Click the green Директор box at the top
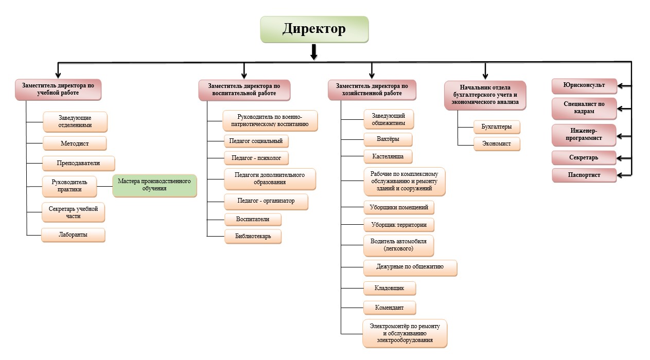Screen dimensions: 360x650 (314, 29)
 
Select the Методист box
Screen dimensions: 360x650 (75, 142)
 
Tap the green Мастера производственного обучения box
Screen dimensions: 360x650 (155, 185)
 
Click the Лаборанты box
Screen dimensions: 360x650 (73, 235)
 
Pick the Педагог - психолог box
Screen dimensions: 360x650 (256, 157)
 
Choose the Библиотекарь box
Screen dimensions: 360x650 (253, 236)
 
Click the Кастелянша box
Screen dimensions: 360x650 (388, 156)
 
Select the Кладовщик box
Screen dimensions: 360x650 (390, 288)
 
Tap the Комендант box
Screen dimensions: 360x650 (390, 308)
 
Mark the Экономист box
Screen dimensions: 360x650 (497, 143)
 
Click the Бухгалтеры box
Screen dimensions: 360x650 (497, 126)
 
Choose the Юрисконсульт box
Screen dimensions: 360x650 (584, 85)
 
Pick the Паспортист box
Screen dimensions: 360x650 (584, 175)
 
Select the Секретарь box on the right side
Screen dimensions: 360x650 (584, 157)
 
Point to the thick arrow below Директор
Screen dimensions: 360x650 (314, 52)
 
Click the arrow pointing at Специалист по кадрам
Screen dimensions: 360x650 (624, 109)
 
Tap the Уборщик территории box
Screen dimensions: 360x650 (399, 225)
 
